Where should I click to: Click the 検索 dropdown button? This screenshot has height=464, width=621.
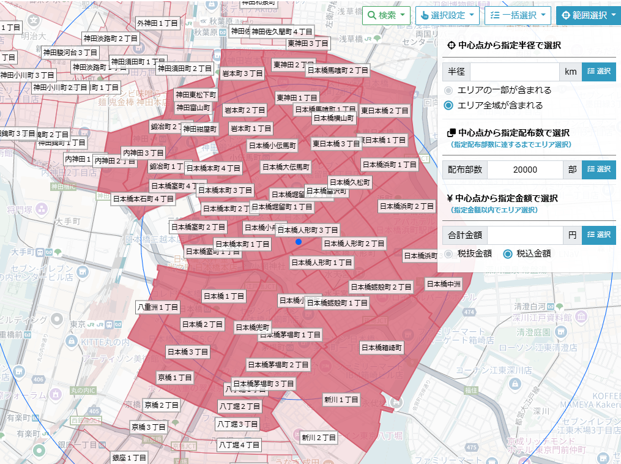click(386, 15)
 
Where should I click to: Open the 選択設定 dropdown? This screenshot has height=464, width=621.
click(448, 15)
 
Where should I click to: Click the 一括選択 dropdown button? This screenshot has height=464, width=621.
click(518, 15)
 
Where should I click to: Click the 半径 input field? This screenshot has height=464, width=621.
click(514, 72)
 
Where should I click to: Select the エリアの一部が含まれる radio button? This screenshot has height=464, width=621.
click(448, 90)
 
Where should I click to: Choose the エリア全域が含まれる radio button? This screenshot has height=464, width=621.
click(448, 105)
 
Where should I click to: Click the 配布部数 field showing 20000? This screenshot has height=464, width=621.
click(525, 170)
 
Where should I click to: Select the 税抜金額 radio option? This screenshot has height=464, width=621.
click(448, 253)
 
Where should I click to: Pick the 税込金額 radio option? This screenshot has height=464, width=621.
click(507, 253)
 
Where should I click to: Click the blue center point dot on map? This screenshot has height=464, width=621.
click(298, 242)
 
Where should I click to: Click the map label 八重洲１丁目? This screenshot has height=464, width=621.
click(158, 307)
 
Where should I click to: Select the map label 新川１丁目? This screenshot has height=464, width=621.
click(341, 400)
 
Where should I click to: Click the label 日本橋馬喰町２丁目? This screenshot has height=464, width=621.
click(338, 70)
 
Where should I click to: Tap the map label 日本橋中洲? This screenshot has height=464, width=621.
click(444, 284)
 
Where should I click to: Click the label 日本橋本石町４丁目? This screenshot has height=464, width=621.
click(144, 199)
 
